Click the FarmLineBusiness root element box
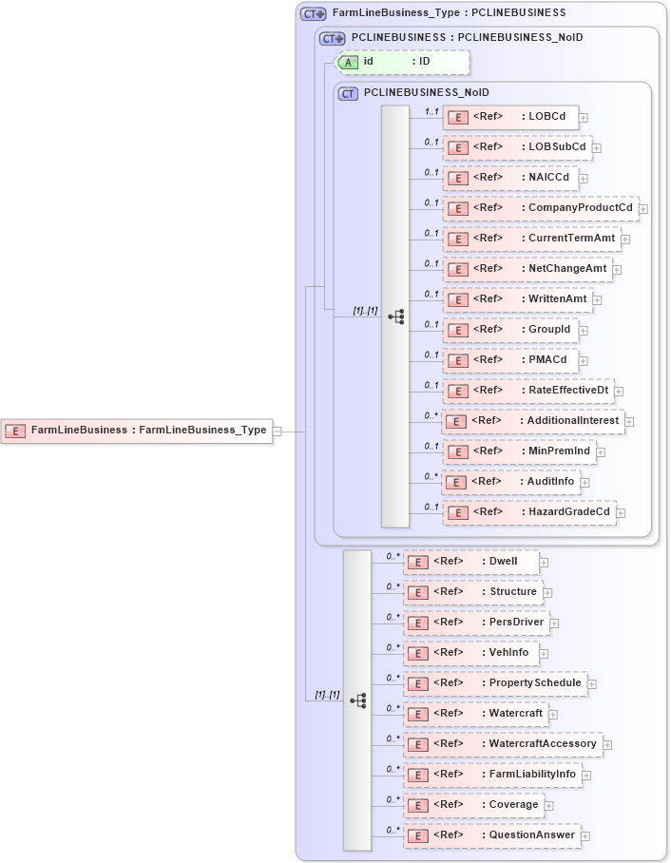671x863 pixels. [136, 431]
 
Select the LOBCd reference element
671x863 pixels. [511, 117]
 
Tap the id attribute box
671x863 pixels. [403, 62]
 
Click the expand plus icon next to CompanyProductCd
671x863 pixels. [643, 209]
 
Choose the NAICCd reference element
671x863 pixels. [511, 178]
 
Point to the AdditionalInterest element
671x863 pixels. [533, 421]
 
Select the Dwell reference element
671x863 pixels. [471, 562]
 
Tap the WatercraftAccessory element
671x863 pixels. [503, 744]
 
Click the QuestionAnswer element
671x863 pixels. [491, 835]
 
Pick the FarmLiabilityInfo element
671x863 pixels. [493, 775]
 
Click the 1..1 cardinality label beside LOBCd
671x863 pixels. [431, 111]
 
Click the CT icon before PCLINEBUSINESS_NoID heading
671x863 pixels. [348, 93]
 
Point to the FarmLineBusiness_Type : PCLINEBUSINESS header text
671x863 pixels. [449, 13]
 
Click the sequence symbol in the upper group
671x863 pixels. [396, 316]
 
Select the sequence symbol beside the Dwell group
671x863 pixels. [358, 700]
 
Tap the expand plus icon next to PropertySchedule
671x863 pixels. [591, 683]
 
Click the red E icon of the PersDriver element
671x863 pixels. [416, 623]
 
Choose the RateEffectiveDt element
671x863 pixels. [529, 391]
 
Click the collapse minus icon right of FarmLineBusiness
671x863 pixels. [277, 431]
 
